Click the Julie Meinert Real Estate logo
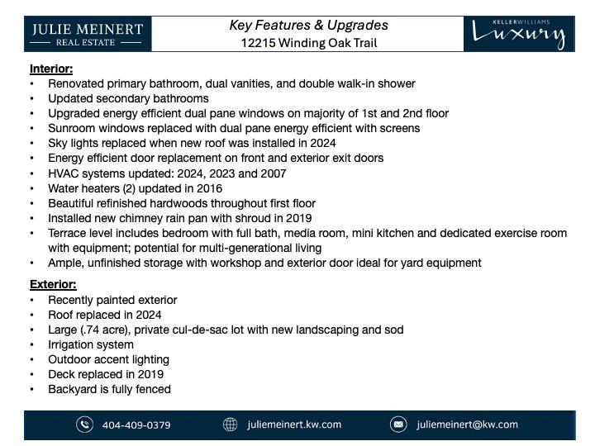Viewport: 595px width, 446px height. (88, 35)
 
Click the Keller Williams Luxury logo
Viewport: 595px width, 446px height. (519, 34)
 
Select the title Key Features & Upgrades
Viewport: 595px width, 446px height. (308, 25)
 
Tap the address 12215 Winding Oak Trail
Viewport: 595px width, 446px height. (308, 43)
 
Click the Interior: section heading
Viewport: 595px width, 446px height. (51, 69)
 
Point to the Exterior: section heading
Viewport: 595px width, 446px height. (53, 284)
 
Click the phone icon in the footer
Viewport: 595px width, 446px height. (84, 425)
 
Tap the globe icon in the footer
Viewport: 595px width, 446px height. (231, 425)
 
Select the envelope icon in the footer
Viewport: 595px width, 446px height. (398, 425)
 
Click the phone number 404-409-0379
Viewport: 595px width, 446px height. (136, 425)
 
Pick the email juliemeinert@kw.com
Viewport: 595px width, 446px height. (467, 425)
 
